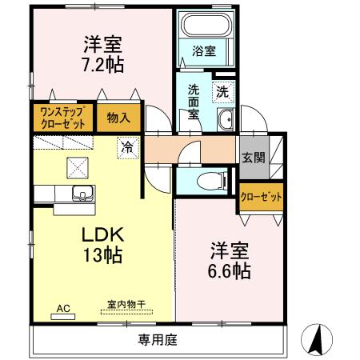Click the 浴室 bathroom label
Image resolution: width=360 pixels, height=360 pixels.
coord(204,51)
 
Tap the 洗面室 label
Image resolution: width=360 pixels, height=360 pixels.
coord(194,102)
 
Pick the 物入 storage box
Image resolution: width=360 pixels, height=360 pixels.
coord(118,118)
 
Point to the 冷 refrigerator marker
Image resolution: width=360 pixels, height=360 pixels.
coord(126,146)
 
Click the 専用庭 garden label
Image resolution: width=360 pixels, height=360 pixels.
coord(157,339)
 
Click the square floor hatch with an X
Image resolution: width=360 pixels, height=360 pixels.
coord(78,166)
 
